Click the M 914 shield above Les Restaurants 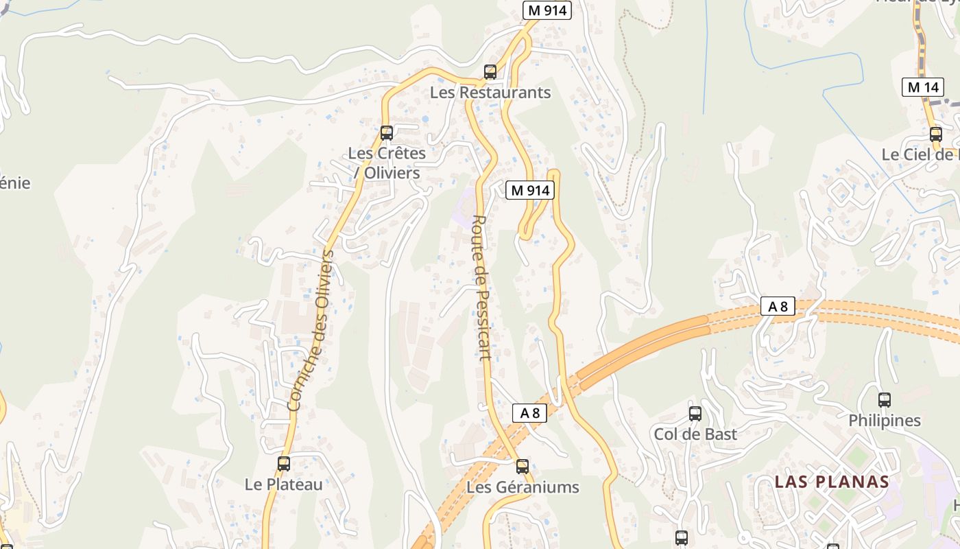[x=547, y=10]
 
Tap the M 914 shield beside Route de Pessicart [x=529, y=190]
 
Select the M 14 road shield [x=922, y=87]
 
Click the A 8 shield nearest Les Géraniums [x=530, y=412]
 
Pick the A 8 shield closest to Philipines [x=778, y=306]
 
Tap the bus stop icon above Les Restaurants [x=490, y=71]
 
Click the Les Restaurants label [x=490, y=92]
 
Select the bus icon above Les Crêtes [x=387, y=132]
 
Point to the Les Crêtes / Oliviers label [x=387, y=163]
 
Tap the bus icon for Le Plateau [x=284, y=463]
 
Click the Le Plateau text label [x=283, y=484]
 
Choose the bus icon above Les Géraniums [x=523, y=467]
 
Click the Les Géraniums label [x=523, y=487]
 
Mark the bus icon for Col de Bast [x=695, y=413]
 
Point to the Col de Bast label [x=695, y=434]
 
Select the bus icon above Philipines [x=885, y=399]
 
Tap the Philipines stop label [x=885, y=420]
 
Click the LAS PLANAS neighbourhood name [x=832, y=482]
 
